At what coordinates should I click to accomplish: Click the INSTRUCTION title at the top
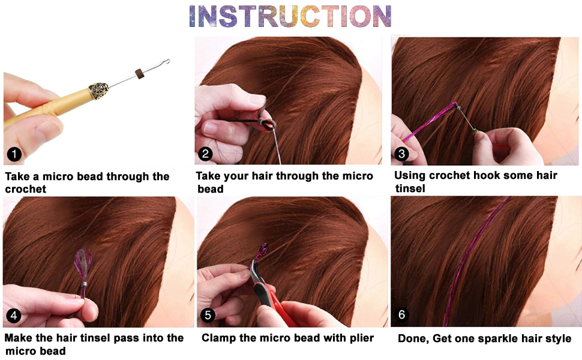click(290, 16)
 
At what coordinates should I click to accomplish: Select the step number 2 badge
click(206, 154)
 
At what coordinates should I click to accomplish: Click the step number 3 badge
click(401, 154)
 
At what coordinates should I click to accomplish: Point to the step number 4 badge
click(14, 315)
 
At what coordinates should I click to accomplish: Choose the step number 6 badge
click(401, 314)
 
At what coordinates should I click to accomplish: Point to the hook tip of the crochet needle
click(167, 61)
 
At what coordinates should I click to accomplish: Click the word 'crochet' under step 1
click(25, 189)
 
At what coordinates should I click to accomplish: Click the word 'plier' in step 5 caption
click(359, 338)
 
